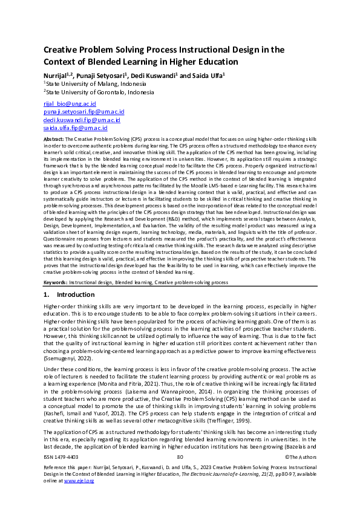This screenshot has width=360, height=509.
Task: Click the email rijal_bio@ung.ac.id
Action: (64, 105)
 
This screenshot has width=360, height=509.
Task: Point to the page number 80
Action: (180, 475)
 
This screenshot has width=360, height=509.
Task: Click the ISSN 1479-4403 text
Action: (61, 475)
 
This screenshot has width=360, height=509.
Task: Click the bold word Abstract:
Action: (54, 138)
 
